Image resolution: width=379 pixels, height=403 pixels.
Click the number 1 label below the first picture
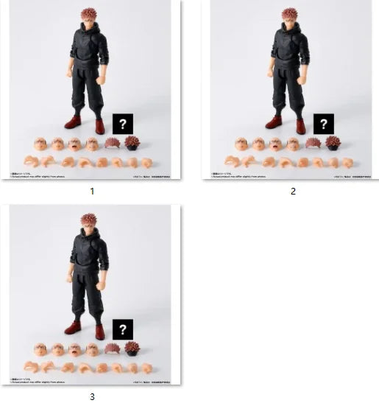click(92, 191)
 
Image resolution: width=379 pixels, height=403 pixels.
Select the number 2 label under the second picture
click(293, 191)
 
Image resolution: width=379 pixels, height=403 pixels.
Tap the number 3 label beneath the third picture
click(92, 396)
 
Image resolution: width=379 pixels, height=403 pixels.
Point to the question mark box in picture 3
click(123, 329)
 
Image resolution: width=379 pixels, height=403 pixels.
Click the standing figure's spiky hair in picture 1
click(88, 14)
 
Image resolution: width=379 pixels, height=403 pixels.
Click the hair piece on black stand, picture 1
click(132, 143)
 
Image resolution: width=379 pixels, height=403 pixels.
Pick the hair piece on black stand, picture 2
click(333, 143)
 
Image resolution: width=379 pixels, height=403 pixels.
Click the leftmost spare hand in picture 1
click(31, 161)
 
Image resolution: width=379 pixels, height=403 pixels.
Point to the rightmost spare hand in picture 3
click(147, 367)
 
